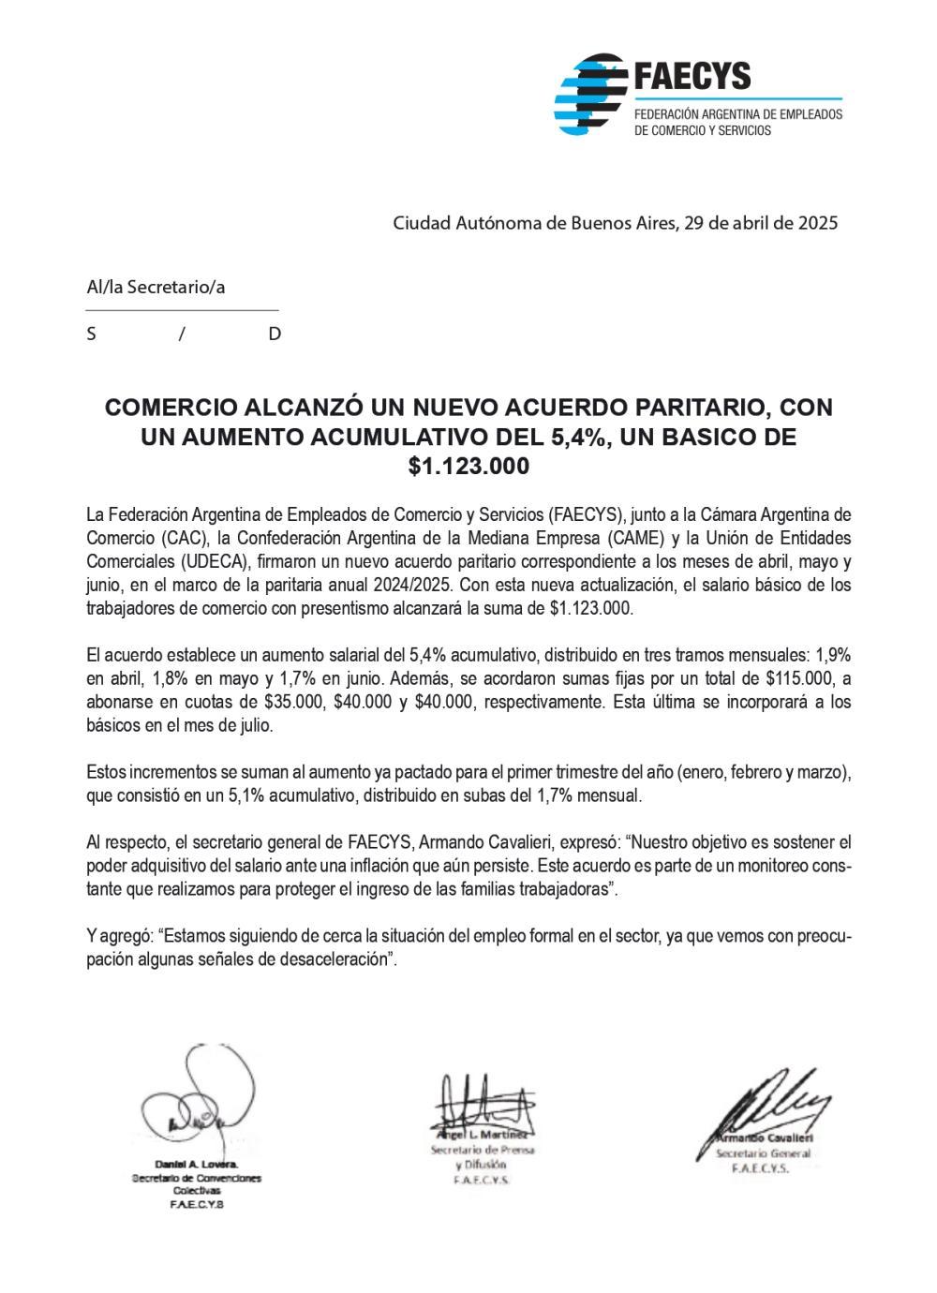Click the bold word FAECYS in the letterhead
pyautogui.click(x=692, y=75)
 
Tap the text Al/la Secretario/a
pyautogui.click(x=156, y=287)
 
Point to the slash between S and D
pyautogui.click(x=182, y=334)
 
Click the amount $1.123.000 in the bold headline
pyautogui.click(x=468, y=466)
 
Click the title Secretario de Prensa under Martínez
pyautogui.click(x=482, y=1150)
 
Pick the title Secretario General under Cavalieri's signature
pyautogui.click(x=763, y=1153)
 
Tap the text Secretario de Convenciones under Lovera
pyautogui.click(x=196, y=1178)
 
